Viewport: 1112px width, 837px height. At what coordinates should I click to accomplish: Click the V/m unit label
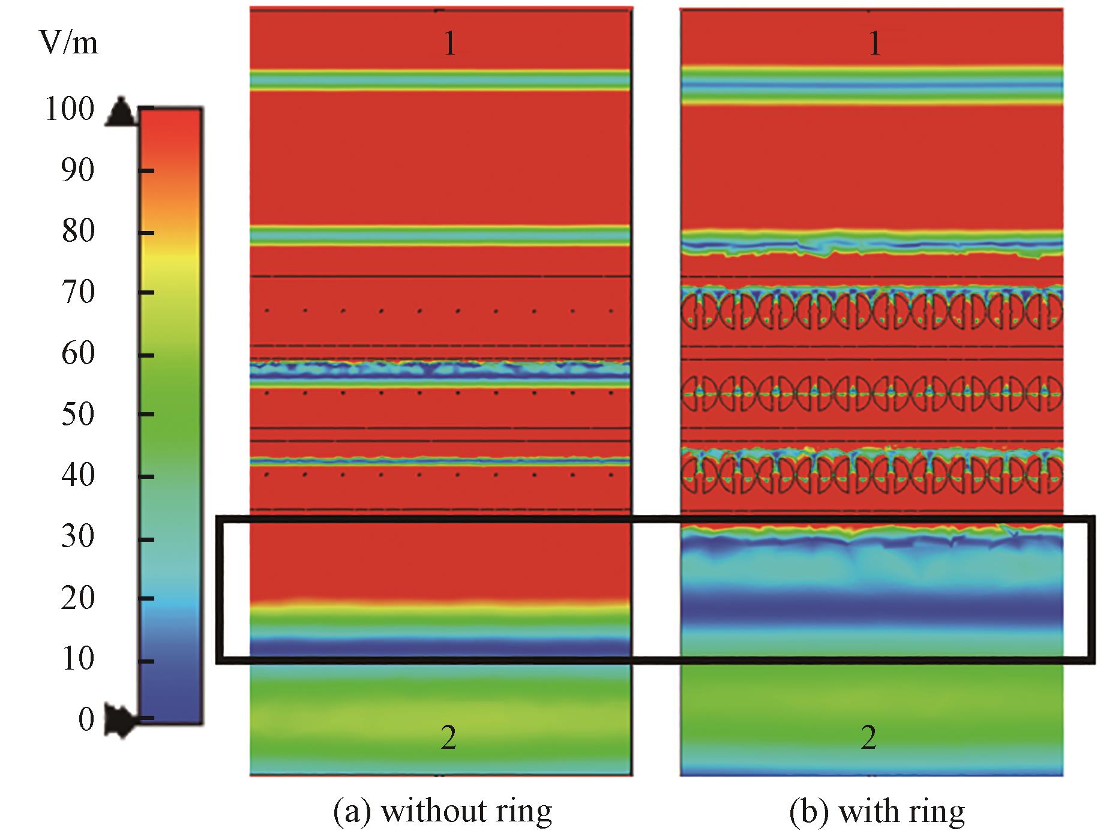pos(68,44)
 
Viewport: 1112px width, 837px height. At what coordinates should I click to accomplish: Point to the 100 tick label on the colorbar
pos(70,110)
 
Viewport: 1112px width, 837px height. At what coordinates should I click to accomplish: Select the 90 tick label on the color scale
pos(77,171)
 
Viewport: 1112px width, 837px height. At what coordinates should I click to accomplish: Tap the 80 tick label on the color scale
pos(77,232)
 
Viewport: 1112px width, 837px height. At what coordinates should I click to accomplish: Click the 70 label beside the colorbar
pos(77,293)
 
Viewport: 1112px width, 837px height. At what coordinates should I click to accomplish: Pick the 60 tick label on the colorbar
pos(77,354)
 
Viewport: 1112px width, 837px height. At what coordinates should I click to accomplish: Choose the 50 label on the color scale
pos(77,415)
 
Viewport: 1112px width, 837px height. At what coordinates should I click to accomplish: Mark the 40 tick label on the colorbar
pos(77,476)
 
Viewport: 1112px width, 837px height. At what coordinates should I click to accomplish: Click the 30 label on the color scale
pos(77,537)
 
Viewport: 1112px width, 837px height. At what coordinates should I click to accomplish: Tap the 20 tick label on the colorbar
pos(77,598)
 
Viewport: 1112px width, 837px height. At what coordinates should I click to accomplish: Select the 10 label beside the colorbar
pos(77,659)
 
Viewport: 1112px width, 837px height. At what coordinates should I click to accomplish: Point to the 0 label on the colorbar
pos(86,719)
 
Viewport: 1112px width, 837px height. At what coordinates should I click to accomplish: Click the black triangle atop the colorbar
pos(122,111)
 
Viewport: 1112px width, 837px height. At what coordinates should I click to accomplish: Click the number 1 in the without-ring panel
pos(450,44)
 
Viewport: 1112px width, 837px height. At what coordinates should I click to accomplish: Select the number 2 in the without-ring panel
pos(449,738)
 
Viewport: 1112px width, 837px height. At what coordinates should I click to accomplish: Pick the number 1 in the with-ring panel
pos(875,44)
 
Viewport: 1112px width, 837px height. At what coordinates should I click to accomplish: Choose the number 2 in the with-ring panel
pos(869,738)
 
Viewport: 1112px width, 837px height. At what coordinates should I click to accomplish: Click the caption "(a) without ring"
pos(442,812)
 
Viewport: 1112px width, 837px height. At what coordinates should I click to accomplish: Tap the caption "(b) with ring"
pos(877,812)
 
